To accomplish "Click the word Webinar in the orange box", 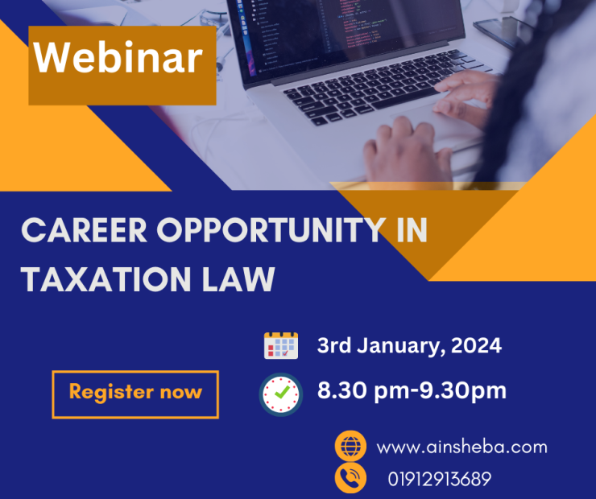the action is click(118, 58).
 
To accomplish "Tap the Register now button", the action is click(135, 394).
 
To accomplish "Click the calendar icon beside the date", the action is click(281, 345).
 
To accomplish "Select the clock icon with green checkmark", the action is click(281, 394).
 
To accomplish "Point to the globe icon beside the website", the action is click(350, 446).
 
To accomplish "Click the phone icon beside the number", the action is click(350, 478).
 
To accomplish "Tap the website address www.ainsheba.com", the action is click(461, 447).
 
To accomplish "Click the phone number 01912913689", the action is click(440, 479).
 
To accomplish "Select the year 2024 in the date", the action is click(476, 345).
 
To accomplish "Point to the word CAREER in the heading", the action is click(84, 230).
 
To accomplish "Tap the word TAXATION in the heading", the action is click(106, 279).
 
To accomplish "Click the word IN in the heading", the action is click(412, 230).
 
